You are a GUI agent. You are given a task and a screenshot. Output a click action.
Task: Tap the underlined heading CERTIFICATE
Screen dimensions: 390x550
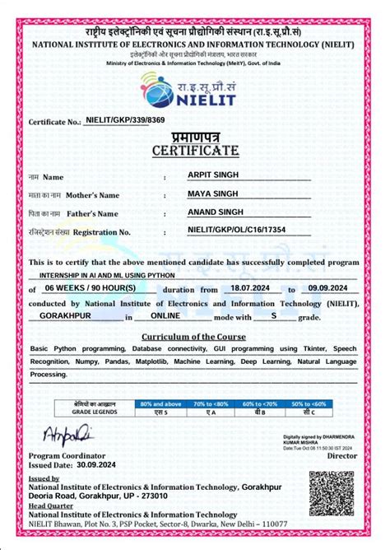(x=195, y=151)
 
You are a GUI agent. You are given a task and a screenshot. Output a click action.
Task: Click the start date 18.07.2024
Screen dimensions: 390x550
(x=251, y=290)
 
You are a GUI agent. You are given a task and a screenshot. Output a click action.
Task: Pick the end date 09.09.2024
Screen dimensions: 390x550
(x=327, y=290)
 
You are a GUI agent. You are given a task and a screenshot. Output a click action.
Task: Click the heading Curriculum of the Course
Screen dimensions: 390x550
(x=195, y=337)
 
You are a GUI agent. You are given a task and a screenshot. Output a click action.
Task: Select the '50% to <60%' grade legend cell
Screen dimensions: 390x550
(x=309, y=404)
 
